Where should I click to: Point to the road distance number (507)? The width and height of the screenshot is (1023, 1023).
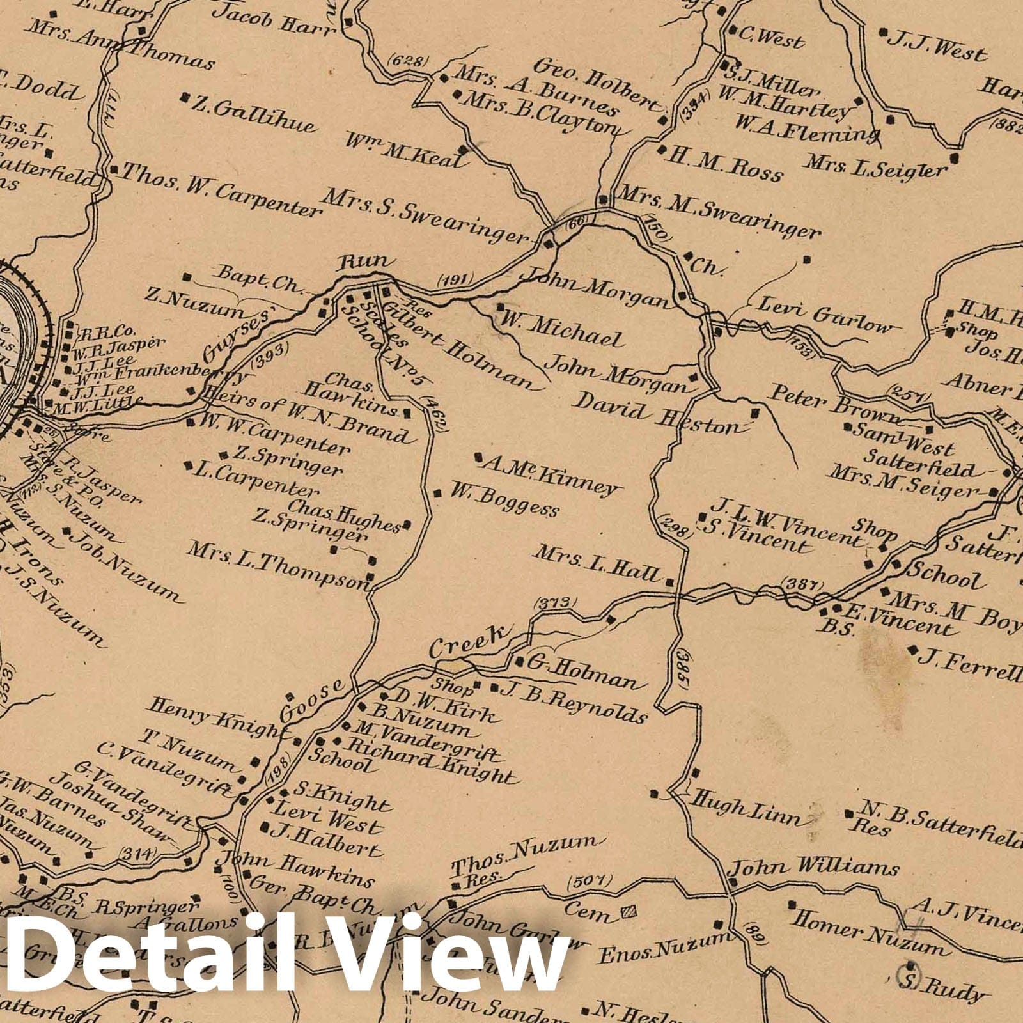coord(590,882)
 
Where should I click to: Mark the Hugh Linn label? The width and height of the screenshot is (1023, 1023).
coord(747,808)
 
